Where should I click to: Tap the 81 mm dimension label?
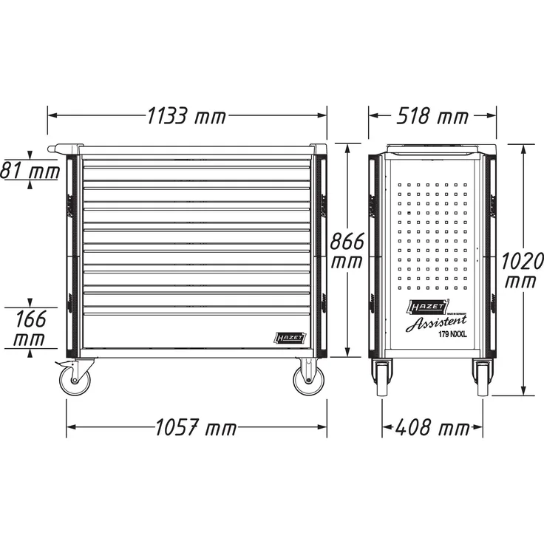pyautogui.click(x=30, y=171)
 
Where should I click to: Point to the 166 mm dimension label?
pyautogui.click(x=29, y=329)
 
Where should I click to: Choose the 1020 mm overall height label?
pyautogui.click(x=522, y=271)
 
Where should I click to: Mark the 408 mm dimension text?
pyautogui.click(x=432, y=427)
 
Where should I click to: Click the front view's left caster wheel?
pyautogui.click(x=75, y=380)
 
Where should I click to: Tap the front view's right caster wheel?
pyautogui.click(x=308, y=379)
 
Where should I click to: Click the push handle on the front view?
pyautogui.click(x=63, y=149)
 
